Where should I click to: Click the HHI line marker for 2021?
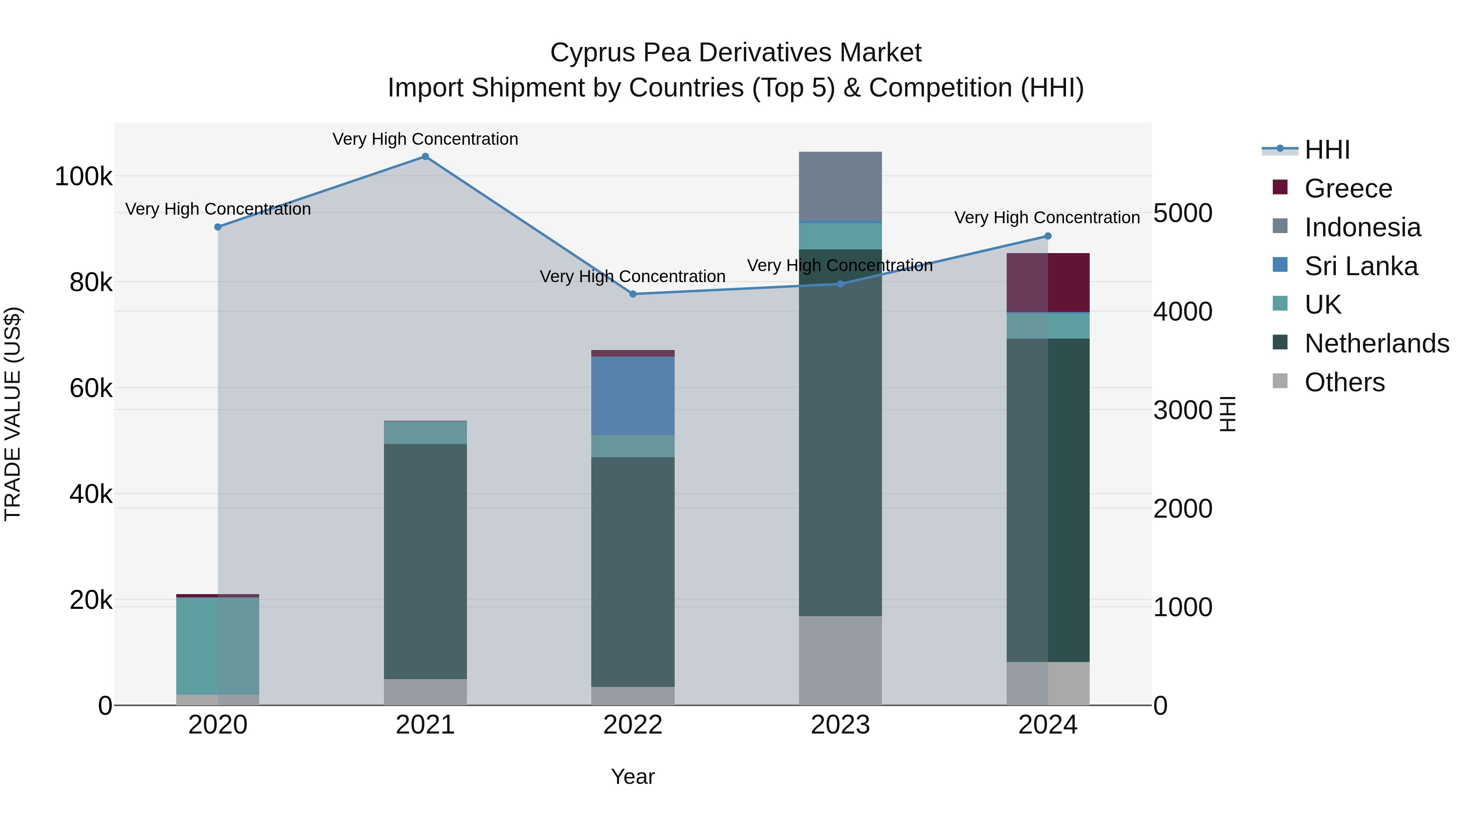(x=425, y=157)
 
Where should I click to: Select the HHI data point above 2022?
(x=633, y=294)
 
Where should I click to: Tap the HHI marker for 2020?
(x=218, y=227)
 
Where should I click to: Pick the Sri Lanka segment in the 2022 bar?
(x=633, y=395)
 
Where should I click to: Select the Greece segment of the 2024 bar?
(x=1048, y=282)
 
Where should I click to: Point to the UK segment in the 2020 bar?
(x=218, y=646)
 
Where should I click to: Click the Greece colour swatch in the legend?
(x=1280, y=187)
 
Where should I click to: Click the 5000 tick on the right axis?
(x=1182, y=213)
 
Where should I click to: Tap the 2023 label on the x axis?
(x=840, y=725)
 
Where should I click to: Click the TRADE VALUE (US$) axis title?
(x=13, y=414)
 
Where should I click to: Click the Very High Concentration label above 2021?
(x=425, y=139)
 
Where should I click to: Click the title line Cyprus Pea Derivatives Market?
(x=736, y=53)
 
